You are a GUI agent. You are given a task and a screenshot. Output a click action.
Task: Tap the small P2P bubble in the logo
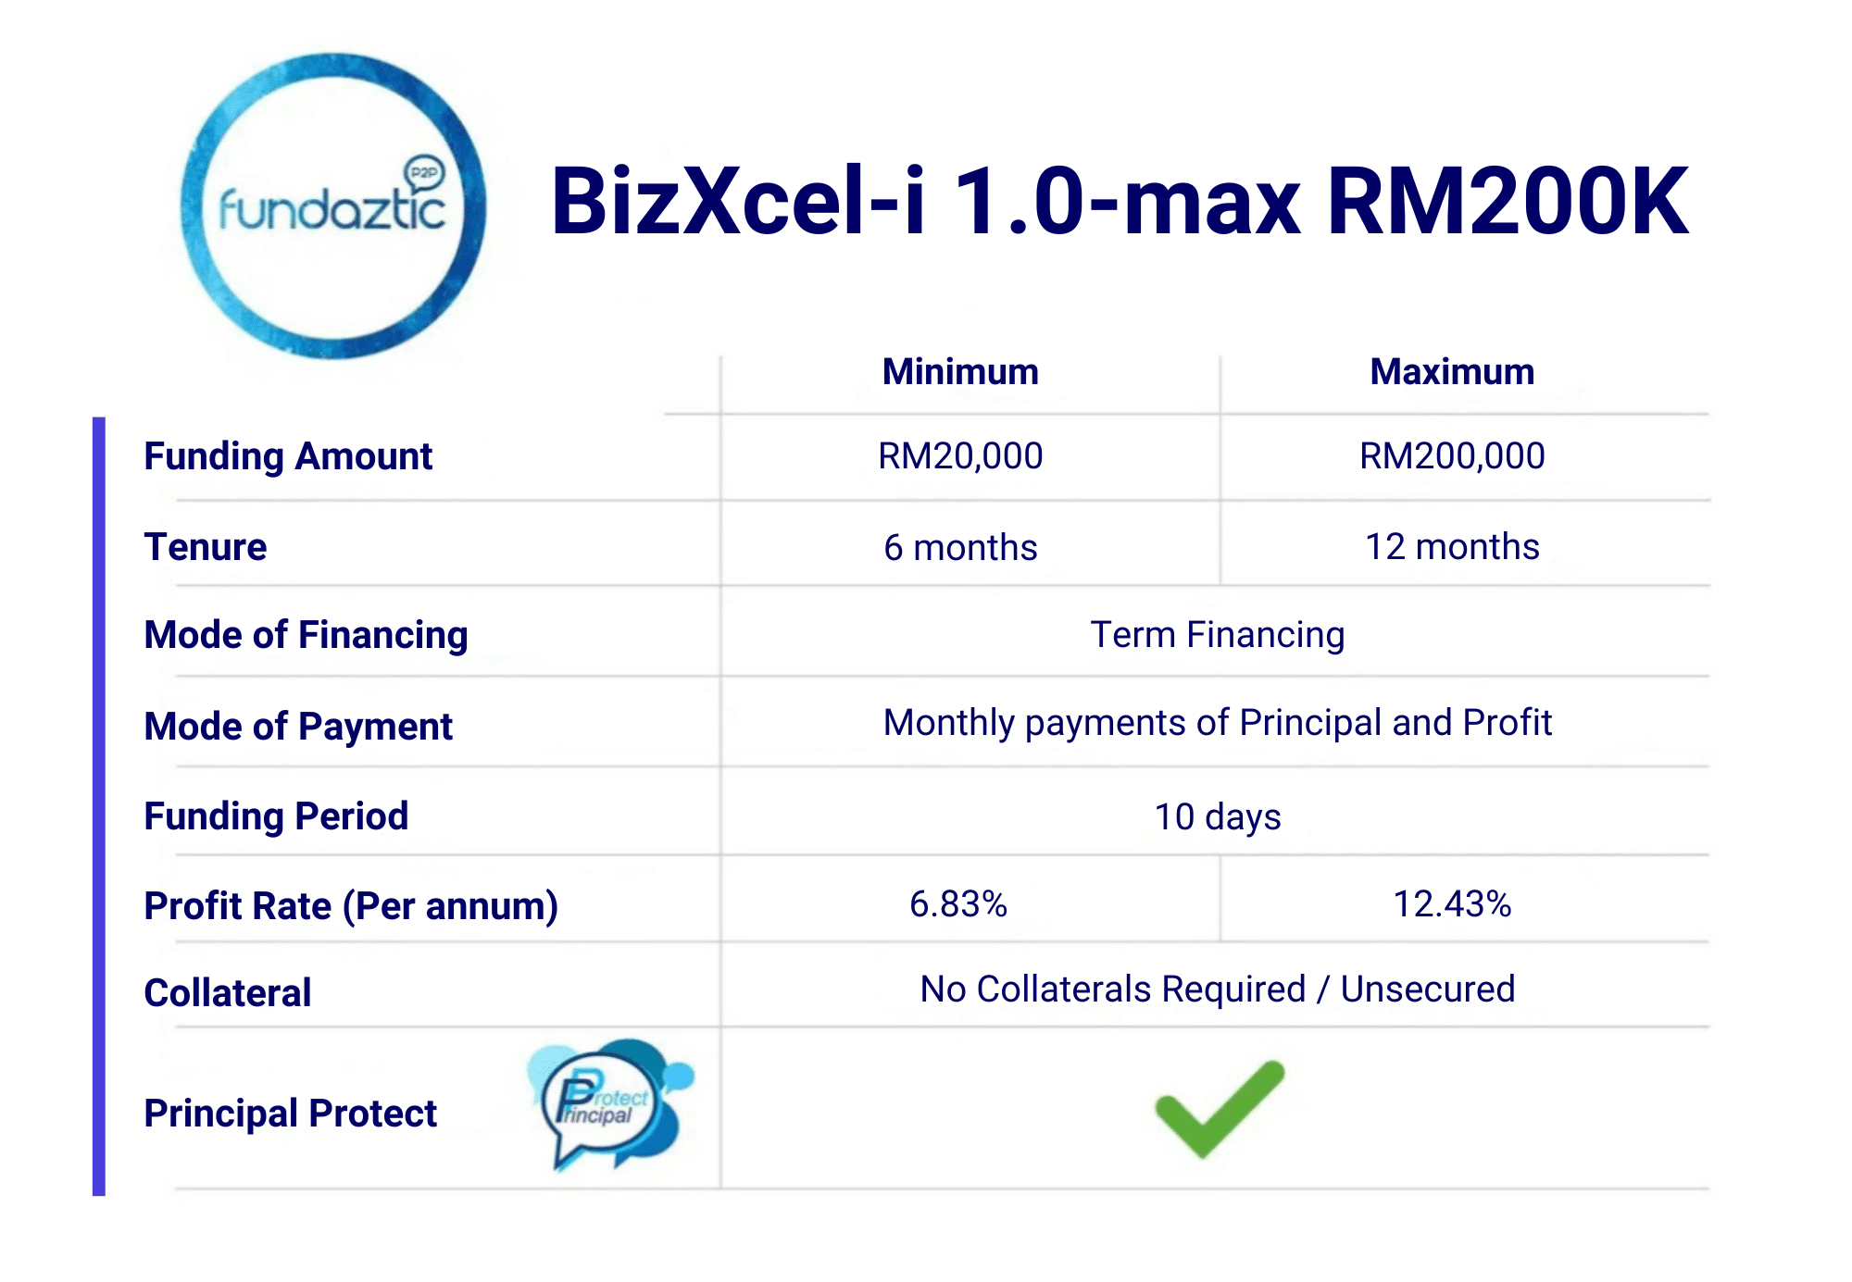(425, 172)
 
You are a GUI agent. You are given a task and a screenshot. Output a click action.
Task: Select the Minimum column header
(960, 372)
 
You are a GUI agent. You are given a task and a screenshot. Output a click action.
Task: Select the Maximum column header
(1452, 372)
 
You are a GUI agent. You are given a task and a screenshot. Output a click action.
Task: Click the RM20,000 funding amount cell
(960, 456)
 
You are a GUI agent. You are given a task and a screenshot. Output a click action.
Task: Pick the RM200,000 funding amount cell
(1452, 456)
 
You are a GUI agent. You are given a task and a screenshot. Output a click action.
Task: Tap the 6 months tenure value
(960, 547)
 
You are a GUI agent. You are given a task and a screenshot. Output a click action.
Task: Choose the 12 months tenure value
(1452, 547)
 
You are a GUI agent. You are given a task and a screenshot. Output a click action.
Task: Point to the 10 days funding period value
(1218, 816)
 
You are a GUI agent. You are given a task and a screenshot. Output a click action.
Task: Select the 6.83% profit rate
(958, 904)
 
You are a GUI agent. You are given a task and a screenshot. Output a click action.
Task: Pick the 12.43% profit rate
(1452, 904)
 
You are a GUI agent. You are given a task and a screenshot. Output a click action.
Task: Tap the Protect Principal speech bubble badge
(610, 1103)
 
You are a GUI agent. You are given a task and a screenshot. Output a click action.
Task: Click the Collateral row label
(228, 993)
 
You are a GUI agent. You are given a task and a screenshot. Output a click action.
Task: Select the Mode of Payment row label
(298, 727)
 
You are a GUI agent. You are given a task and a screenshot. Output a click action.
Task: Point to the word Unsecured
(1428, 990)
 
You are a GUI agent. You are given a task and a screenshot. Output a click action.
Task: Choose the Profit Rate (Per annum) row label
(351, 906)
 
